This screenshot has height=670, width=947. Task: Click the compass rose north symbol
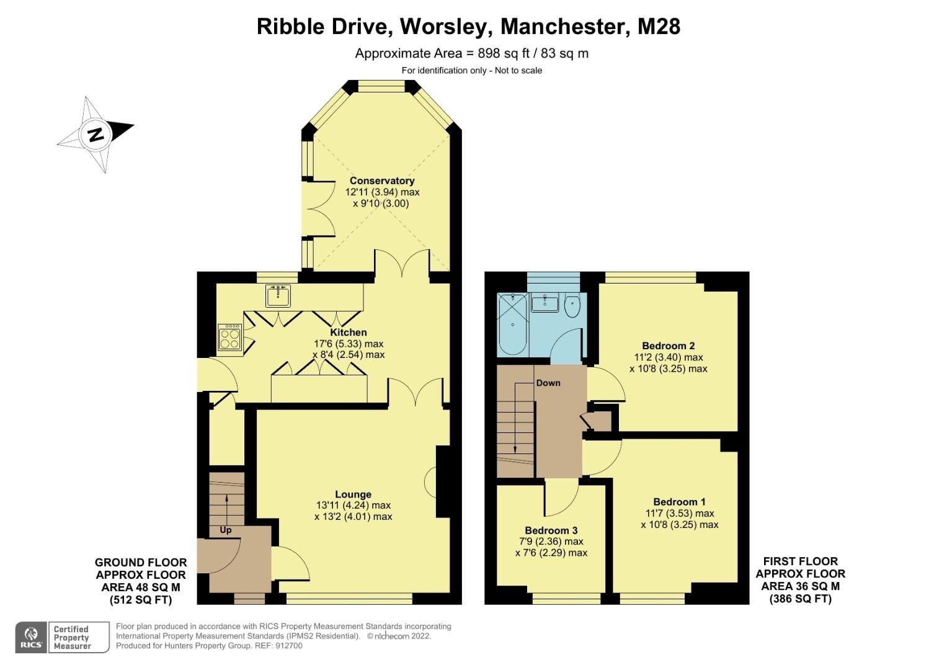pos(96,134)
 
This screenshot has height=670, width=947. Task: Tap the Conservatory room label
pos(381,181)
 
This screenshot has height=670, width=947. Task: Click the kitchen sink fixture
pos(278,296)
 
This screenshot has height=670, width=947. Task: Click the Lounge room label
pos(353,494)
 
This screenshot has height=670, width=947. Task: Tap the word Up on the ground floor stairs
pos(225,530)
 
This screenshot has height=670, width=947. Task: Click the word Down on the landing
pos(548,383)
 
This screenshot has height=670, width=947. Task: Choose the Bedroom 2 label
pos(668,346)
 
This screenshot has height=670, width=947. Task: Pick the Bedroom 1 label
pos(679,502)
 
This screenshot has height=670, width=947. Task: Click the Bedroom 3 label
pos(551,530)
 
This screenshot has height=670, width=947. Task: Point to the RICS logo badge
pos(30,637)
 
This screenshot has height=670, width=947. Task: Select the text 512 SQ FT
pos(141,600)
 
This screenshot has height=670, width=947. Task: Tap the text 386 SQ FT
pos(800,599)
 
